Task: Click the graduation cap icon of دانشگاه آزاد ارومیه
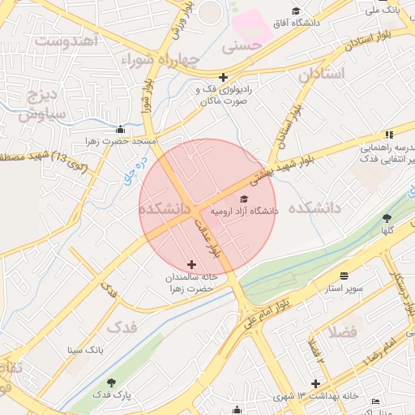(x=245, y=199)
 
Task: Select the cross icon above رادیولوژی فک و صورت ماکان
(x=223, y=77)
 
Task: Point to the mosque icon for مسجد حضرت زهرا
(x=121, y=129)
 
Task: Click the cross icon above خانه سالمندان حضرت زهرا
(x=191, y=264)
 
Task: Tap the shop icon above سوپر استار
(x=344, y=276)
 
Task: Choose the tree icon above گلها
(x=387, y=217)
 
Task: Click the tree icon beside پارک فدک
(x=111, y=382)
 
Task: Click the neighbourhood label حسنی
(x=247, y=47)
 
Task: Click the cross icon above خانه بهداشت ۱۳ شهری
(x=315, y=383)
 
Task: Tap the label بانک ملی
(x=383, y=11)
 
